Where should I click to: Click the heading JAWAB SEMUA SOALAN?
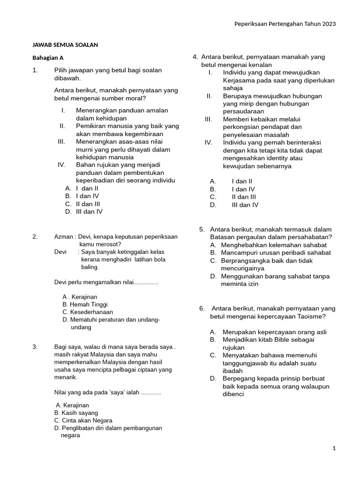65,45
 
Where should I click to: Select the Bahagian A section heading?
47,58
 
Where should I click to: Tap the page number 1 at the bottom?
334,448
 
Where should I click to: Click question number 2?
35,237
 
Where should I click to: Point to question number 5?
202,229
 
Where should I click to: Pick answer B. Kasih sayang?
76,412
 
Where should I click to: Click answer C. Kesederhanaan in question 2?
88,312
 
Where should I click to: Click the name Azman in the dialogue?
63,237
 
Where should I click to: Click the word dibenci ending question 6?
233,394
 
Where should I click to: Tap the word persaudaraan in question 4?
243,111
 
